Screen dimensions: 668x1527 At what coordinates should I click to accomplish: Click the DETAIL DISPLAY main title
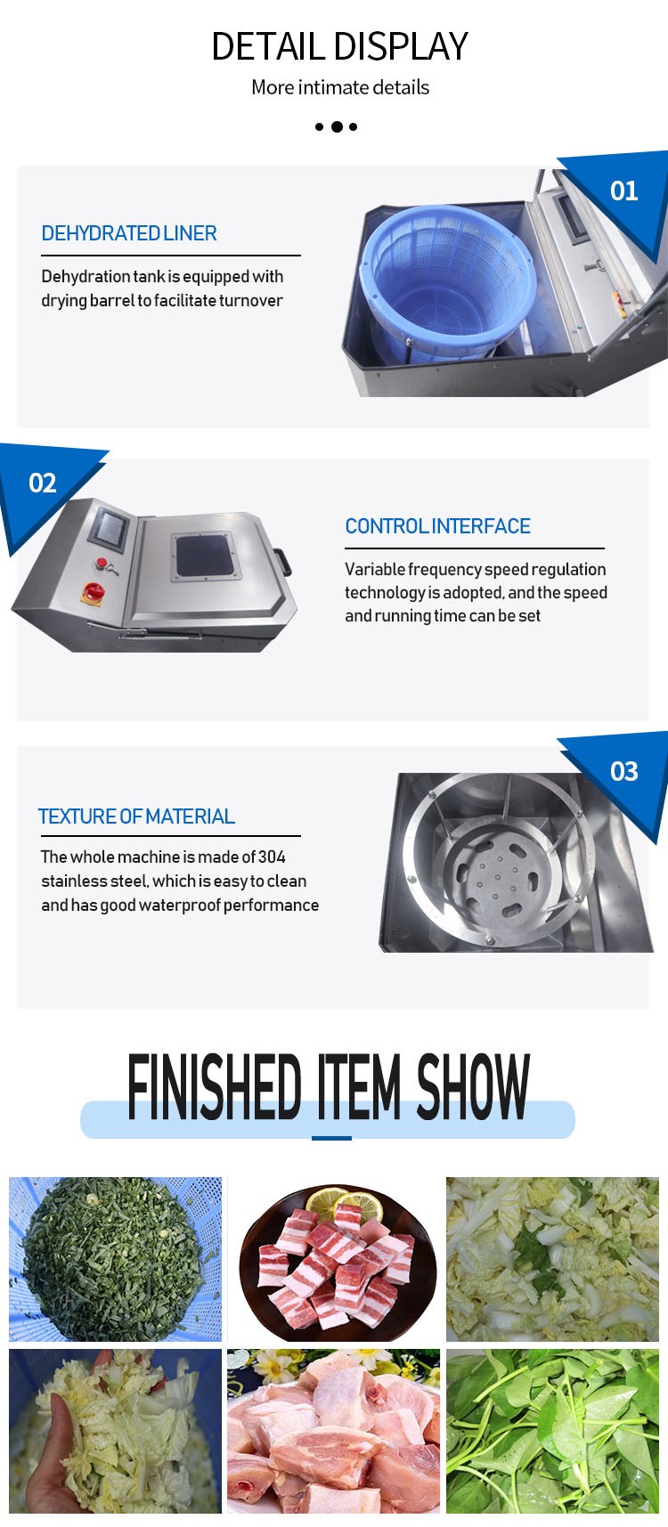(339, 46)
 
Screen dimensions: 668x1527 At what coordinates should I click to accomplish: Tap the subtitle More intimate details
(340, 87)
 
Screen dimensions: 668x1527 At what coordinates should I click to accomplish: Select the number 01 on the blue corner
(623, 191)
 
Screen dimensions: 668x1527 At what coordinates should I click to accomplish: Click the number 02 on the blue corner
(43, 483)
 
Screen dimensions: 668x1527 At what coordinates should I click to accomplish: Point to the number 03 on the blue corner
(624, 771)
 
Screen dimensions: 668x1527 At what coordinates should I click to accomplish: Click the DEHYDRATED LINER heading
(129, 233)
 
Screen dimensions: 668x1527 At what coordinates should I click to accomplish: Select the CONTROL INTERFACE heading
(437, 526)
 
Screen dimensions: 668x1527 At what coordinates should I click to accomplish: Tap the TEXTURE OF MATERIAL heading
(136, 816)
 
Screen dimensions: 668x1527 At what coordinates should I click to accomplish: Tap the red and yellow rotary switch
(94, 590)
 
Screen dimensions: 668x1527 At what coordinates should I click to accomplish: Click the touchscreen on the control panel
(113, 528)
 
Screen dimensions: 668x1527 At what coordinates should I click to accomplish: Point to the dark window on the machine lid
(204, 556)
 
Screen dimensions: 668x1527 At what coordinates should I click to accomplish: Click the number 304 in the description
(272, 857)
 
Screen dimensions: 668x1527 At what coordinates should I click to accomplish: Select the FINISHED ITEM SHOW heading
(329, 1086)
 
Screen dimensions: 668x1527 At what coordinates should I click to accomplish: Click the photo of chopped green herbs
(115, 1259)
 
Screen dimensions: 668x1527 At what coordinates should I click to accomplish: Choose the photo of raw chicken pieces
(333, 1431)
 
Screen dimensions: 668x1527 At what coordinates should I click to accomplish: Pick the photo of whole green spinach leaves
(552, 1431)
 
